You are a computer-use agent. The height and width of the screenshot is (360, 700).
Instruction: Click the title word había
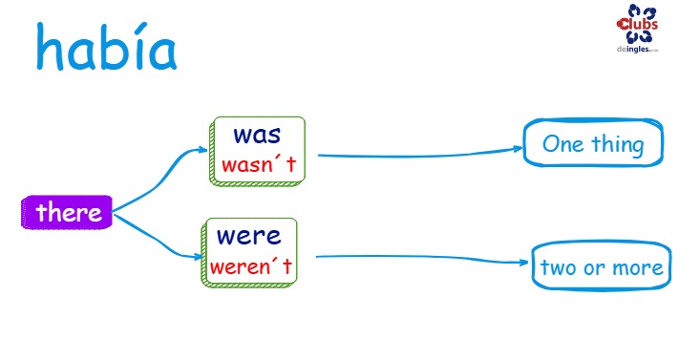(106, 47)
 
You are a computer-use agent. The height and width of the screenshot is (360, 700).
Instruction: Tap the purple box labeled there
(67, 212)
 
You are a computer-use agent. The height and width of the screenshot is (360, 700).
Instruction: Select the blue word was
(257, 136)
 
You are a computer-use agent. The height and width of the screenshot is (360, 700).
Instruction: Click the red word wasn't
(259, 164)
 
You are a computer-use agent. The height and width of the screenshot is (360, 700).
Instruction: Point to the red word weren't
(251, 266)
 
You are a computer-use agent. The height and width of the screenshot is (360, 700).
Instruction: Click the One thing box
(593, 143)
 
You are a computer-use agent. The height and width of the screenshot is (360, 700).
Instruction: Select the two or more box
(602, 266)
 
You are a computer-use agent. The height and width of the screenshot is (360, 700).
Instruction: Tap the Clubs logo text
(637, 24)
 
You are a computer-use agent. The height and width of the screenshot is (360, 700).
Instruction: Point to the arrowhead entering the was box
(203, 150)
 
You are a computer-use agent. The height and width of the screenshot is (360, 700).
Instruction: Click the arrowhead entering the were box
(198, 257)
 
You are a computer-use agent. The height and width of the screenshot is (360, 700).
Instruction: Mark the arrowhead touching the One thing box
(518, 149)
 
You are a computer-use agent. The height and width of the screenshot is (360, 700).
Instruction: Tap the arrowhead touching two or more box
(523, 263)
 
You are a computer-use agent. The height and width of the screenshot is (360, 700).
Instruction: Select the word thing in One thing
(618, 145)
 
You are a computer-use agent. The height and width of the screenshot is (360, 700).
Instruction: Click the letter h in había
(49, 47)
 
